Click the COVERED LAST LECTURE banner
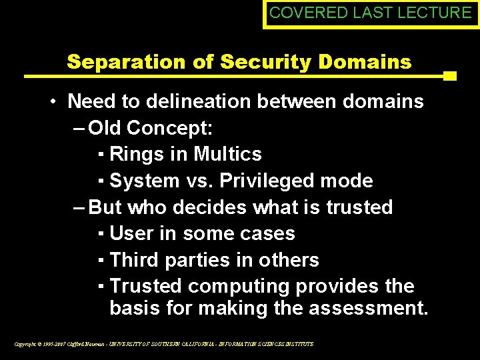[x=370, y=13]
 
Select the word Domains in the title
[x=366, y=62]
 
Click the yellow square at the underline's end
[x=449, y=76]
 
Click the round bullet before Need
[x=52, y=102]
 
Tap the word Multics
[x=227, y=154]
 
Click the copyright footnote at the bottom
[x=164, y=344]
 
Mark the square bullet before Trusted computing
[x=99, y=287]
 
